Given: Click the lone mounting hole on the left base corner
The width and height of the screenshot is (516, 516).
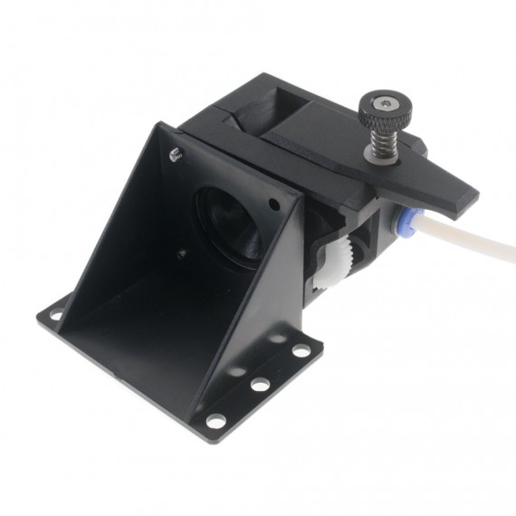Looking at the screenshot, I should (x=56, y=315).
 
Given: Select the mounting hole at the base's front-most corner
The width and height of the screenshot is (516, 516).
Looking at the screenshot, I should (x=215, y=419).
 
